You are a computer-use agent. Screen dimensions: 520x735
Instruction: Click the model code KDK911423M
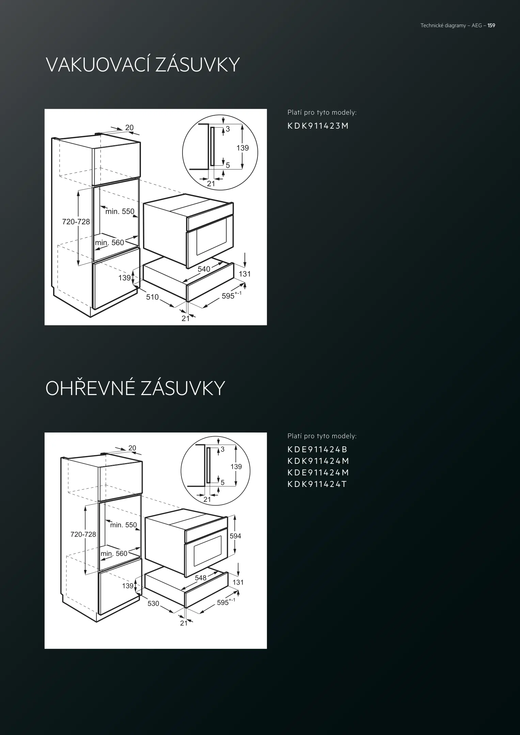318,126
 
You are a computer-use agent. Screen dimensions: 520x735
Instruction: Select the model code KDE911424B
317,450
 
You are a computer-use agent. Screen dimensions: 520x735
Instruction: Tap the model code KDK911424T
317,484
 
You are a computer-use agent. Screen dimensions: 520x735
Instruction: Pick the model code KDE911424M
318,473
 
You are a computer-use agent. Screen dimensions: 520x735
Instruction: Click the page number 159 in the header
491,26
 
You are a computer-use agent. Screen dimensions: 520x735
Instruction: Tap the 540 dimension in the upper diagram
204,269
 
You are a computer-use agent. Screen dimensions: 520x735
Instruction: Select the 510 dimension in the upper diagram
152,297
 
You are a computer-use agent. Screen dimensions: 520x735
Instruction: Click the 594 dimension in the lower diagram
235,536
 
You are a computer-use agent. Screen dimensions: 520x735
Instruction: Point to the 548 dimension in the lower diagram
201,578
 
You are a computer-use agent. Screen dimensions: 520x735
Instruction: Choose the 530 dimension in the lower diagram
153,603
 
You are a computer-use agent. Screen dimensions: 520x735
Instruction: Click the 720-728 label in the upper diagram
76,222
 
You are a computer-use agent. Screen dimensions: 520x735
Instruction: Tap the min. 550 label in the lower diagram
123,525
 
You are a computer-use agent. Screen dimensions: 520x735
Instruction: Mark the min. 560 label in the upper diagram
110,243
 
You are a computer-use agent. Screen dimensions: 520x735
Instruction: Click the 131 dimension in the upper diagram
245,274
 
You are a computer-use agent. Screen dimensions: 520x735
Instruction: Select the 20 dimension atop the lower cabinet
132,448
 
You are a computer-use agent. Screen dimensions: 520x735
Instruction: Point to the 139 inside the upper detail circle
243,148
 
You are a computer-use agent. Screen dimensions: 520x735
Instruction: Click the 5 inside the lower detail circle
223,483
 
